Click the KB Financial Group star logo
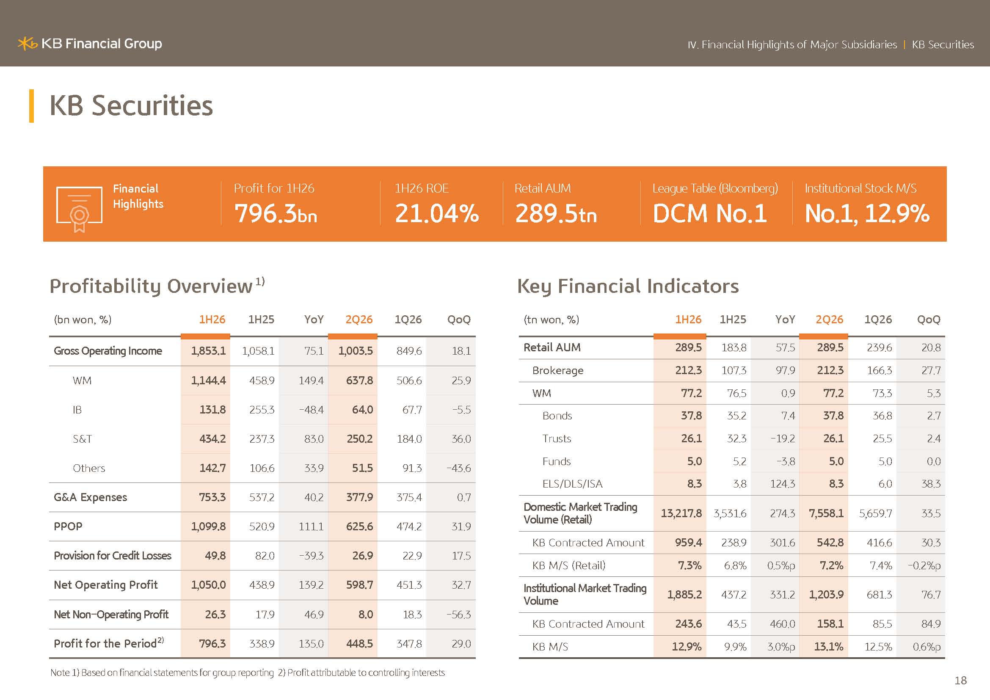[x=27, y=44]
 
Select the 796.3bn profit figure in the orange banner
[x=276, y=213]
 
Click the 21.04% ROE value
[x=436, y=213]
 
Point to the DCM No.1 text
[x=710, y=213]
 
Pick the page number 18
[x=961, y=680]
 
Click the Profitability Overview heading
[x=151, y=286]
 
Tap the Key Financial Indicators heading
[x=628, y=286]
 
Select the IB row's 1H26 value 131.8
[x=212, y=410]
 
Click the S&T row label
[x=83, y=439]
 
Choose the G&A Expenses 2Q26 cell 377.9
[x=360, y=497]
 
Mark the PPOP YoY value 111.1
[x=311, y=526]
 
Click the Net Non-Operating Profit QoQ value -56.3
[x=459, y=614]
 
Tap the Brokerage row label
[x=558, y=371]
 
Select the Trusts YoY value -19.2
[x=783, y=438]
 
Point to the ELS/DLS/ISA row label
[x=572, y=484]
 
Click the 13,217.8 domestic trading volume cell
[x=681, y=513]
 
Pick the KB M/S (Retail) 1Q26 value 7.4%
[x=880, y=565]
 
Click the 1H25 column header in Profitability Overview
[x=261, y=320]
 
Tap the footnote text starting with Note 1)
[x=248, y=673]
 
